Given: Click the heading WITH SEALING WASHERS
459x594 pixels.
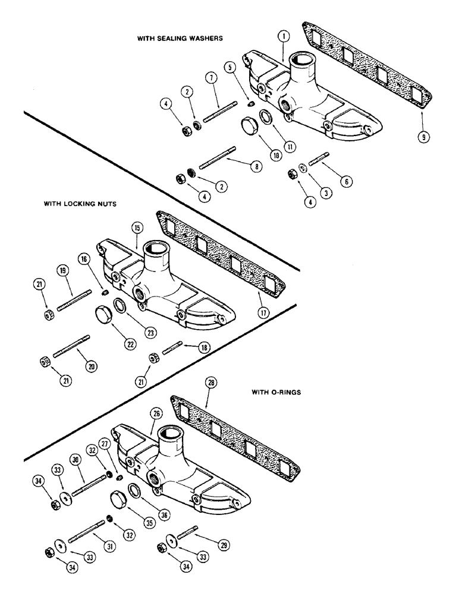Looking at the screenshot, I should pyautogui.click(x=180, y=39).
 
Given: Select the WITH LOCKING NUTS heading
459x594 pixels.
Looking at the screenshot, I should pyautogui.click(x=79, y=203).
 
